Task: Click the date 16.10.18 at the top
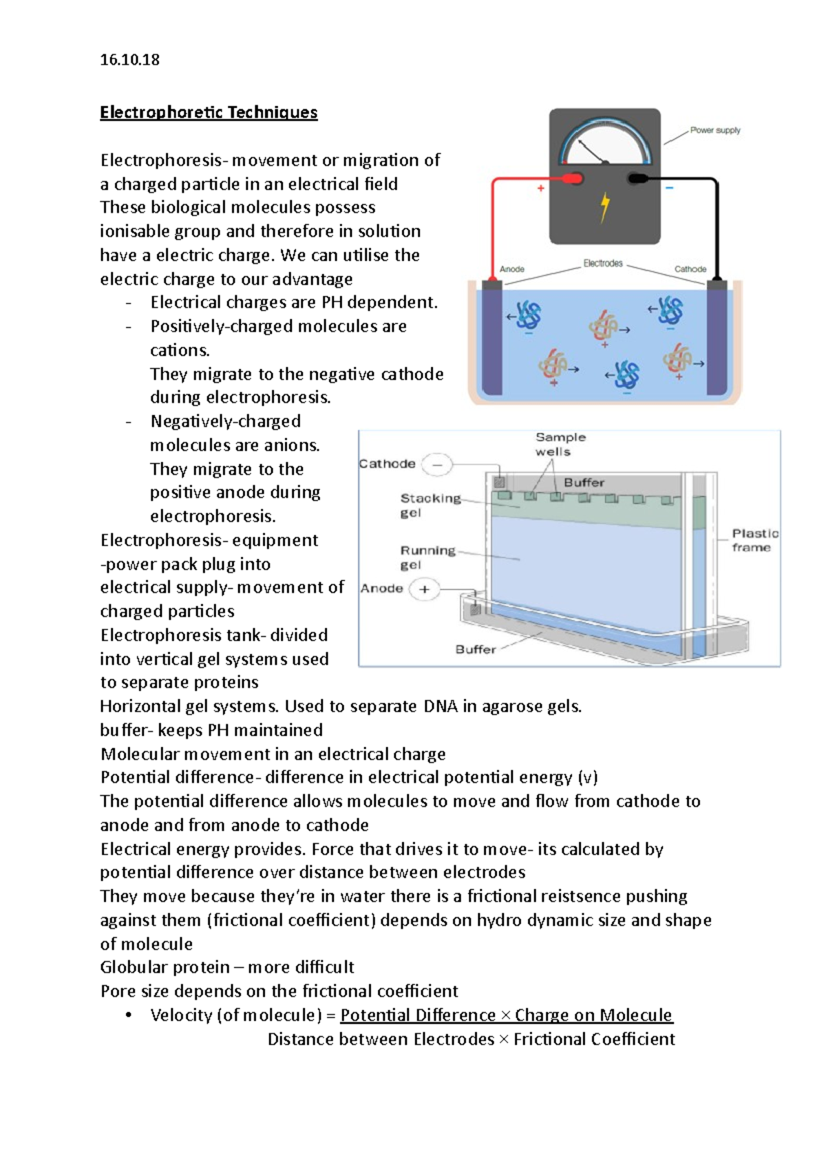point(129,60)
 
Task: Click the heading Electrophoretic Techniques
point(209,112)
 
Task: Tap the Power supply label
point(715,130)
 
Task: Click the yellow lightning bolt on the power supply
point(605,207)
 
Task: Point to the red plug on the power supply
point(572,179)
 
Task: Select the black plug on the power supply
point(637,179)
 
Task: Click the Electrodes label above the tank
point(603,263)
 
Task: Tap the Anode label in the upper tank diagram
point(512,269)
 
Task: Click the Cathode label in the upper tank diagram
point(690,269)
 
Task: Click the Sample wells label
point(560,444)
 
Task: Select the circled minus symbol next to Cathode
point(437,465)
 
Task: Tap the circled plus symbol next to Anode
point(425,589)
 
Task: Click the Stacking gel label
point(430,505)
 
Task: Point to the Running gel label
point(427,557)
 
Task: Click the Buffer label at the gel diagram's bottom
point(476,649)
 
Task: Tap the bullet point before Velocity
point(129,1015)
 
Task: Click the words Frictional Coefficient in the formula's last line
point(594,1039)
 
